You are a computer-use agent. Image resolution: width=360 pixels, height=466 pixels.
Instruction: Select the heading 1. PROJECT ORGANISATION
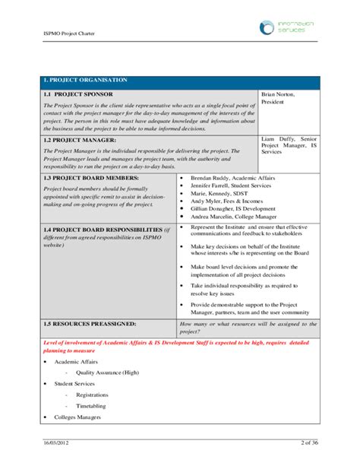click(84, 79)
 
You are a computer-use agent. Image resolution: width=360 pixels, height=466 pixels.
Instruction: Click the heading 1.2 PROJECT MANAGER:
click(80, 140)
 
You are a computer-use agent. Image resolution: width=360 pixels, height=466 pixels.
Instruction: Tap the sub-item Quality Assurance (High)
click(107, 372)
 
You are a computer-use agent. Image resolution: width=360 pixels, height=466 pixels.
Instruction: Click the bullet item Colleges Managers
click(77, 417)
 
